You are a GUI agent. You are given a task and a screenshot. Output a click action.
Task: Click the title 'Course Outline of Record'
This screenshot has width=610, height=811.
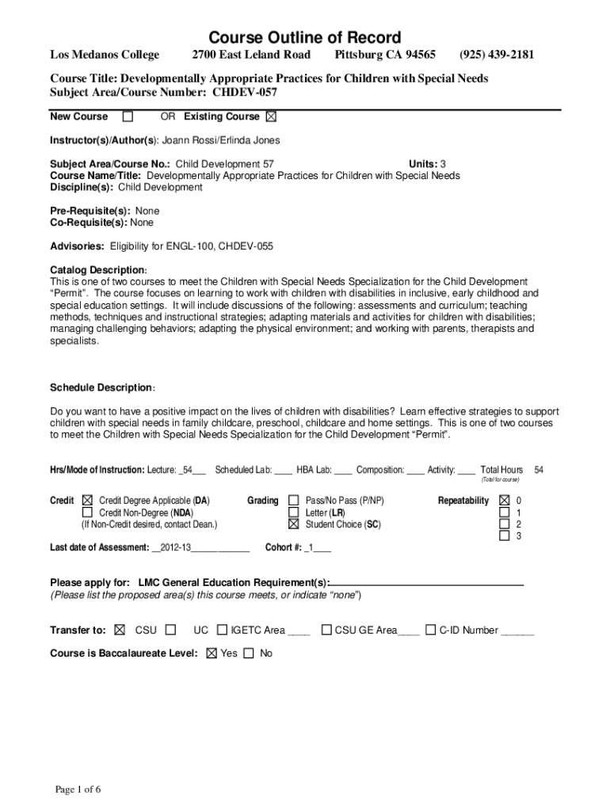coord(304,37)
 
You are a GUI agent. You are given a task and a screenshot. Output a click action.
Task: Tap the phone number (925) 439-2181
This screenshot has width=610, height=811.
coord(497,55)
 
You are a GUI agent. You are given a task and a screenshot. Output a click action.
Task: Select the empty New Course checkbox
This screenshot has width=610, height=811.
coord(128,117)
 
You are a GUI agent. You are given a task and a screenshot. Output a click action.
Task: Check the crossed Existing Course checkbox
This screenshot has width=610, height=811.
coord(272,117)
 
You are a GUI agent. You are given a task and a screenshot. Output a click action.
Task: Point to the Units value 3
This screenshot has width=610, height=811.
coord(454,164)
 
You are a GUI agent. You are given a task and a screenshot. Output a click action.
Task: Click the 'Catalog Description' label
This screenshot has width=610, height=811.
coord(97,270)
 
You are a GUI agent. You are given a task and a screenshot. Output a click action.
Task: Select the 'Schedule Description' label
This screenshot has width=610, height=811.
coord(101,387)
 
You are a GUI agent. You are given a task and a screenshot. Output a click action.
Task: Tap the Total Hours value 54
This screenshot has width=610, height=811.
coord(539,470)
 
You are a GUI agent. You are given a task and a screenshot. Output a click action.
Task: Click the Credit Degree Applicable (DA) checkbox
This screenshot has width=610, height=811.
coord(87,501)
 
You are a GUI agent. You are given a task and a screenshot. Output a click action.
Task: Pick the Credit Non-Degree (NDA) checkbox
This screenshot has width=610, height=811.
coord(87,512)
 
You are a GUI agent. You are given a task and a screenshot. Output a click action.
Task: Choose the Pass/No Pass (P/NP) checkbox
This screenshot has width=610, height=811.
coord(294,501)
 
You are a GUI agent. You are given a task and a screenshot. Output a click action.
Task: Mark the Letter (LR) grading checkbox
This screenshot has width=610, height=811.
coord(294,512)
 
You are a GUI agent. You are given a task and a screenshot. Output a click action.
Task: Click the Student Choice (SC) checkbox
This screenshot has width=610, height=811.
coord(294,524)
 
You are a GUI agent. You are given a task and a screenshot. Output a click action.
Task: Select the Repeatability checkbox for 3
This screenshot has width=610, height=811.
coord(504,536)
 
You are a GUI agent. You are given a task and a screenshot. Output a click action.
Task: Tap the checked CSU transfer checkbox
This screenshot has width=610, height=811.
coord(120,630)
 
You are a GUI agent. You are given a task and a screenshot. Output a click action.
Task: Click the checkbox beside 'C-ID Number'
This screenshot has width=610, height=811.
coord(430,630)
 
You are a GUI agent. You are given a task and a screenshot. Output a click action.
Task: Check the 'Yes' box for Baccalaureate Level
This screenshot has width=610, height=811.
coord(211,653)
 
